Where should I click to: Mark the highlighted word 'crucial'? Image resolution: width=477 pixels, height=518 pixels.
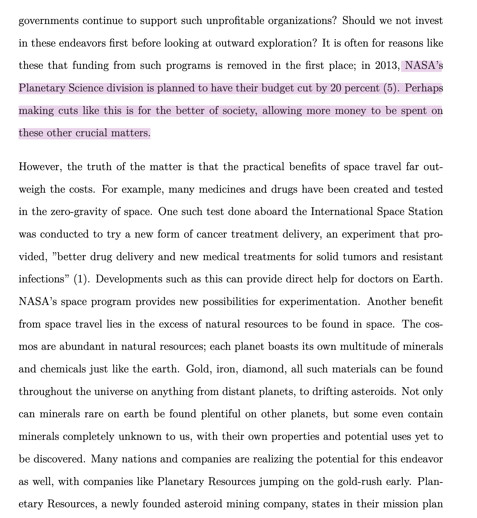click(86, 133)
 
